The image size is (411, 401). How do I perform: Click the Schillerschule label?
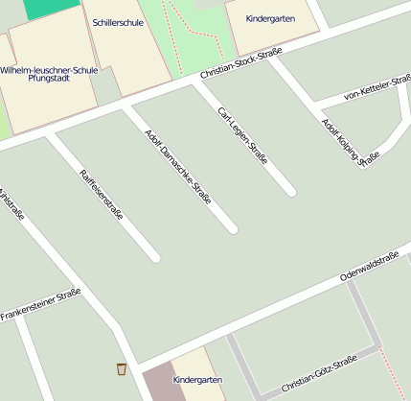tap(119, 21)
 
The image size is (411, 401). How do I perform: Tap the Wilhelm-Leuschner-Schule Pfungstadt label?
tap(49, 75)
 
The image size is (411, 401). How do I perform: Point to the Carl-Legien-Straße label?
tap(242, 135)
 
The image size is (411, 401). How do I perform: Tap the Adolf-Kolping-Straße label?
tap(345, 143)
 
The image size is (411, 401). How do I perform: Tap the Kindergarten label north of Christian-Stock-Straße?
tap(270, 18)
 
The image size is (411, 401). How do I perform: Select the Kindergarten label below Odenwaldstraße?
tap(197, 380)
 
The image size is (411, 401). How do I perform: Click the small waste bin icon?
tap(122, 369)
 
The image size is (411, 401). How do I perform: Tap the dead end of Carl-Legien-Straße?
tap(290, 191)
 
